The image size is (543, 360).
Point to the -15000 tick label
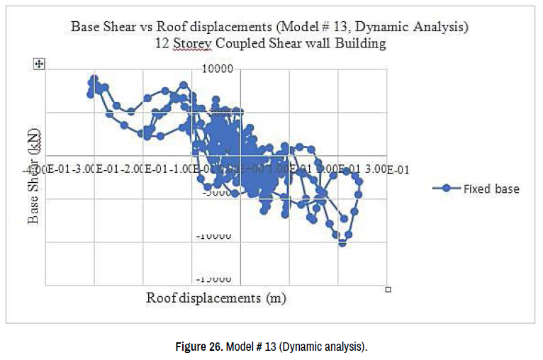tap(217, 280)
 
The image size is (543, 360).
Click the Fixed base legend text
tap(491, 189)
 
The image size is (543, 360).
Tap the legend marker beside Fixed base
tap(446, 189)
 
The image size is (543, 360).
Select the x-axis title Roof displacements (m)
tap(216, 298)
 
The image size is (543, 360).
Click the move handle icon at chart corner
tap(40, 64)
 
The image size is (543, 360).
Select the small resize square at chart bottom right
tap(388, 289)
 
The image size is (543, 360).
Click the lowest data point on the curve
tap(342, 243)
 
